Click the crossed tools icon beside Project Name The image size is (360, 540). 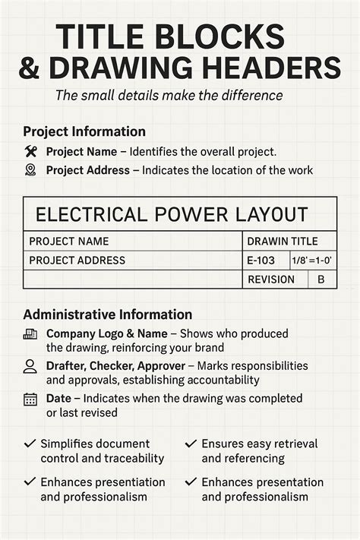point(30,151)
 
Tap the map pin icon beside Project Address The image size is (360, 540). point(30,170)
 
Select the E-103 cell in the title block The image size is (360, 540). point(260,261)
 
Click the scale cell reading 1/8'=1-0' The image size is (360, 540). point(313,261)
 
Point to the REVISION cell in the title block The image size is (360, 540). point(270,279)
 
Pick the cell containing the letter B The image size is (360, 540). point(321,279)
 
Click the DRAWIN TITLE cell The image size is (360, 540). point(283,242)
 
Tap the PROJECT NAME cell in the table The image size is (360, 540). point(68,242)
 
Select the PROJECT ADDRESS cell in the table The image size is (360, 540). point(77,261)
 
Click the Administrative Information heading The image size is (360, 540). point(107,314)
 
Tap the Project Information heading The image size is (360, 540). point(84,131)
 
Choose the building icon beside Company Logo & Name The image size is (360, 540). point(30,334)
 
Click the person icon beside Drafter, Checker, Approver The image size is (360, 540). point(30,366)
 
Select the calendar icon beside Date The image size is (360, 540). point(30,399)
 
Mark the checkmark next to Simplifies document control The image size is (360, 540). point(30,444)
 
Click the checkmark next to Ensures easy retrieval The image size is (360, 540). point(191,444)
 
